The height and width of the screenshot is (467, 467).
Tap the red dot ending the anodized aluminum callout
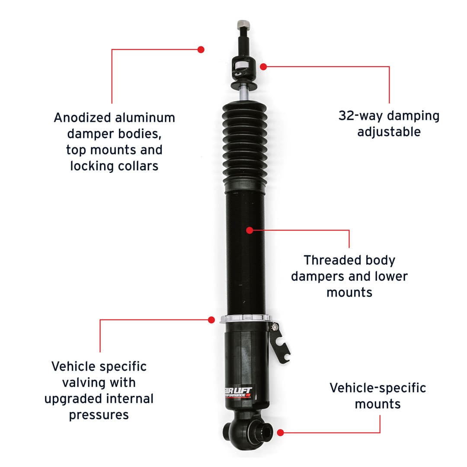tap(201, 49)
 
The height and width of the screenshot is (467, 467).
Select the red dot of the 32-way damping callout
tap(263, 67)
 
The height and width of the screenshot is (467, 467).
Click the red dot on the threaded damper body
tap(250, 230)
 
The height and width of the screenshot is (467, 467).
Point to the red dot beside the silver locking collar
tap(211, 320)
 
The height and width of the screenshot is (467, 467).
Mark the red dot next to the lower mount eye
tap(280, 433)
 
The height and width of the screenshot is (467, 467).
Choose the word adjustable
tap(389, 131)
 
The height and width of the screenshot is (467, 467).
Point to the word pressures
tap(99, 415)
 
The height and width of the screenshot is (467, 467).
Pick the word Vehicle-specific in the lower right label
tap(377, 388)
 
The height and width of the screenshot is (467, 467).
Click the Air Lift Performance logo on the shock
tap(239, 392)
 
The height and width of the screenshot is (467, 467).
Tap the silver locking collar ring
tap(245, 319)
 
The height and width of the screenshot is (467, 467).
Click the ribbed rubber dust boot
tap(245, 146)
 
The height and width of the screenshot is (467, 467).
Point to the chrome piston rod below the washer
tap(243, 93)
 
